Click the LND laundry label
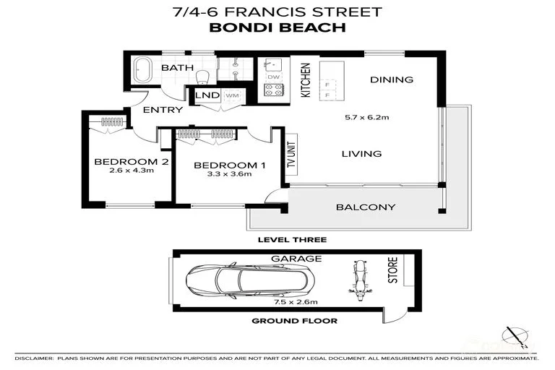click(207, 95)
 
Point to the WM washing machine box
click(232, 95)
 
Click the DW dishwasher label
click(274, 77)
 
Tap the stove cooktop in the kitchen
click(274, 91)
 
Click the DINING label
click(391, 79)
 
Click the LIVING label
click(361, 153)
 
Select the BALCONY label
click(366, 207)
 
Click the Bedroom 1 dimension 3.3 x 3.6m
click(229, 174)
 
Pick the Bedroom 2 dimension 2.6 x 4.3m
click(131, 171)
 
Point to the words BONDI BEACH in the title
click(277, 28)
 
